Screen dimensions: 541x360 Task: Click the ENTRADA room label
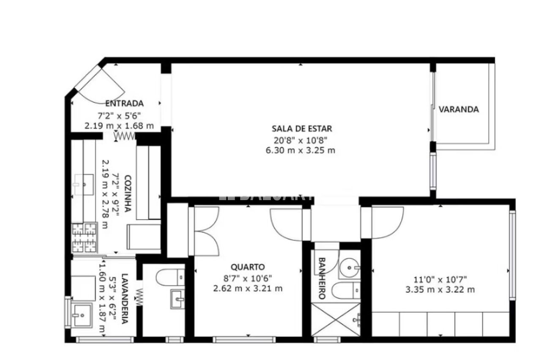coord(125,104)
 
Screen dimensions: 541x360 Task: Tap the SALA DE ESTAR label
coord(302,129)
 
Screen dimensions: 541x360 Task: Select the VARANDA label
coord(459,109)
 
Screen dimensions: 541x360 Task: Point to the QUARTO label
coord(248,267)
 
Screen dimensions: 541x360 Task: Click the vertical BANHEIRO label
coord(322,278)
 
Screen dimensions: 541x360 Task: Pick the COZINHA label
coord(128,193)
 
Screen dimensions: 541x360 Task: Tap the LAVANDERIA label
coord(124,299)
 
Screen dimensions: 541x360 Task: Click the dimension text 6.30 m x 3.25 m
coord(301,150)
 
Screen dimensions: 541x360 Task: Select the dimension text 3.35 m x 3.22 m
coord(440,289)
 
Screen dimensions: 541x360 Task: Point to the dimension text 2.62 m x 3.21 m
coord(248,288)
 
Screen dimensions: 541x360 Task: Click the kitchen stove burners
coord(85,238)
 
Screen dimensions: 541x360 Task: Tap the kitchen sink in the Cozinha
coord(84,184)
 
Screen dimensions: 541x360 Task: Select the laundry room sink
coord(82,315)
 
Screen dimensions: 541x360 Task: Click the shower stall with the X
coord(336,319)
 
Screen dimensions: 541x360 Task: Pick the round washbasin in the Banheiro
coord(350,268)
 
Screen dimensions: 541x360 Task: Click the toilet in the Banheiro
coord(346,290)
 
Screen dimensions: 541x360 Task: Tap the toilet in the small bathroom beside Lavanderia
coord(170,277)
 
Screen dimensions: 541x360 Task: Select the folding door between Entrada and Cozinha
coord(125,136)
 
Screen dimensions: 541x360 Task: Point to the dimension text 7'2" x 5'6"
coord(119,116)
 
